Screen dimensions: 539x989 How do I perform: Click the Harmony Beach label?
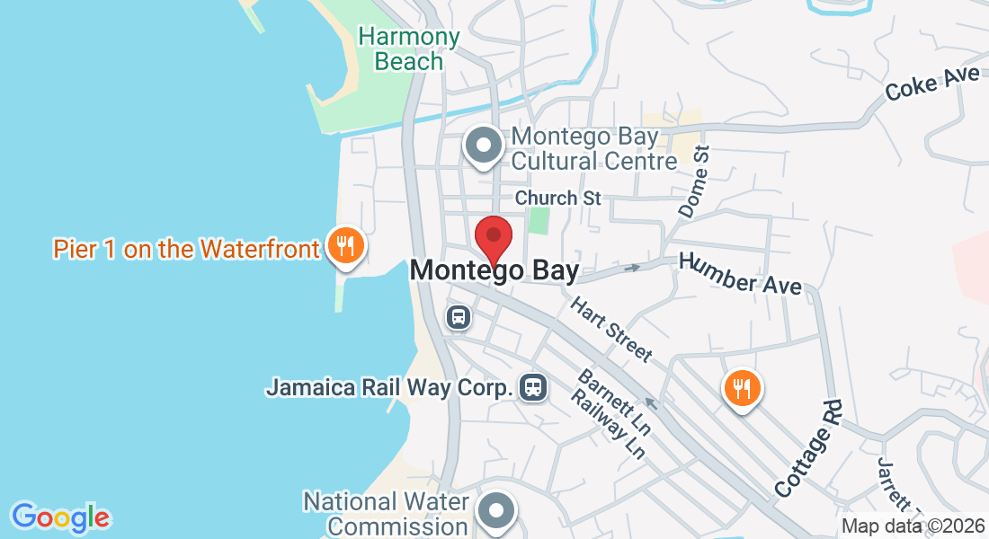pos(409,49)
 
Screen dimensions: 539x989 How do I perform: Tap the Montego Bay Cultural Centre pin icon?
pos(484,146)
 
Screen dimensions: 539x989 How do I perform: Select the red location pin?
pos(493,238)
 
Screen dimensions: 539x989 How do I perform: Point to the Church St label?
pos(557,198)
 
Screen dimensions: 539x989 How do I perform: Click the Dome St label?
pos(694,183)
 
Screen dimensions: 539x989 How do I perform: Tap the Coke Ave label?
pos(931,85)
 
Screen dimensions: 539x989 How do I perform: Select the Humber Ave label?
pos(741,273)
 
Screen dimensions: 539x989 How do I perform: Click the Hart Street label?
pos(611,330)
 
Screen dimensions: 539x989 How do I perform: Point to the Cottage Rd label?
pos(809,450)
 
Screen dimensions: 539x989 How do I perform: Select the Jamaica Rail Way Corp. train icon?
pos(533,387)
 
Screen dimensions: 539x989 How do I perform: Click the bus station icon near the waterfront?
pos(458,317)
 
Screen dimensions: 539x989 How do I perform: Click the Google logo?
pos(60,517)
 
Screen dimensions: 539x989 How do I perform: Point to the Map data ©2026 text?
pos(913,526)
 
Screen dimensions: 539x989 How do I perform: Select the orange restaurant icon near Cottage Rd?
pos(742,389)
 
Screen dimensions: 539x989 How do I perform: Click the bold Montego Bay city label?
pos(494,270)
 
